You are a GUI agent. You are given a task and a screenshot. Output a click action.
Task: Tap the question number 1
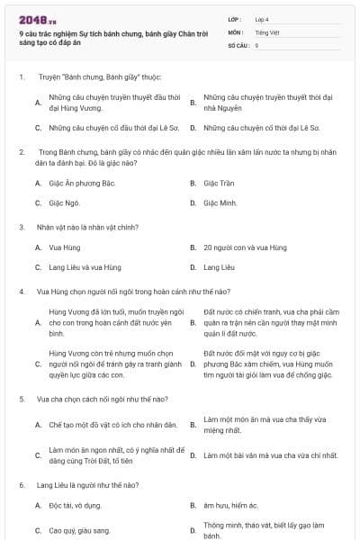pyautogui.click(x=21, y=77)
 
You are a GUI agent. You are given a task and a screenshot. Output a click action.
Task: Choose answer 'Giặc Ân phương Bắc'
pyautogui.click(x=82, y=184)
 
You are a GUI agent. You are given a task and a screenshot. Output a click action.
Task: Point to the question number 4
pyautogui.click(x=21, y=291)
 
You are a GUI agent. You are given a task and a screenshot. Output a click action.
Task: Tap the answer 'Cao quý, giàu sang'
pyautogui.click(x=79, y=531)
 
